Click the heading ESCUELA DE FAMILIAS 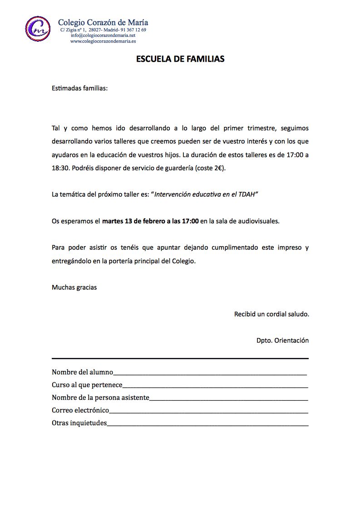point(180,59)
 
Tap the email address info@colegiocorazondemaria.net point(103,35)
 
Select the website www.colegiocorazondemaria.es point(103,41)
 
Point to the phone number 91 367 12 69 point(133,30)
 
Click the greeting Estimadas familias point(80,88)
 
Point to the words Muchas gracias point(74,287)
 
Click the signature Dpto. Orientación point(282,340)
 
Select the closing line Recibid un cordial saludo point(271,314)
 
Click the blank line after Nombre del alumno point(210,373)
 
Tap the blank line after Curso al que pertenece point(215,386)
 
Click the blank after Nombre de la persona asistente point(229,398)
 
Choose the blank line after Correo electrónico point(209,411)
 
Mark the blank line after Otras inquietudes point(207,424)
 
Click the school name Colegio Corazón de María point(103,22)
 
